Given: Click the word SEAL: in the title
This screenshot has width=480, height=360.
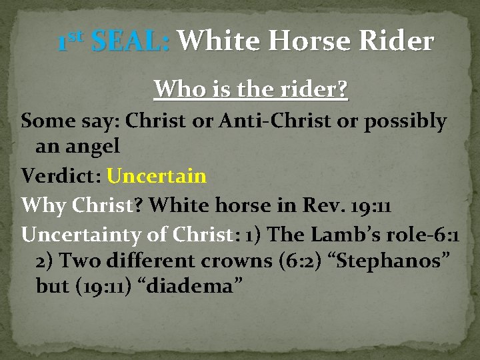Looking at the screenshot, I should tap(131, 42).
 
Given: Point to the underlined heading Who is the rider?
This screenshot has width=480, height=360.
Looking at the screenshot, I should tap(251, 89).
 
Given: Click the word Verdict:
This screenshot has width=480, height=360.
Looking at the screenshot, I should tap(61, 177).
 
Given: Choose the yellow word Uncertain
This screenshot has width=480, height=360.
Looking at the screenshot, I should tap(157, 177).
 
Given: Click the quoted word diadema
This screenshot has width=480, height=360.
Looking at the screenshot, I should tap(197, 287).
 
